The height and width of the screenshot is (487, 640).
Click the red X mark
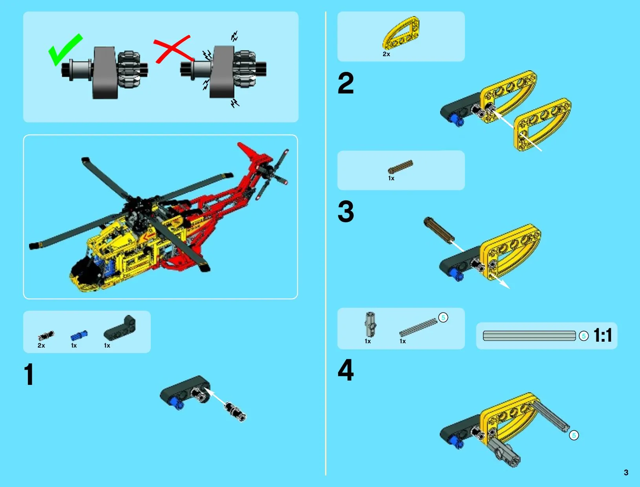click(173, 49)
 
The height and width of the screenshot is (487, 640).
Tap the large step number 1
click(29, 374)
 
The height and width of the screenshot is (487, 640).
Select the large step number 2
click(346, 83)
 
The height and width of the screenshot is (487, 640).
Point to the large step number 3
click(346, 211)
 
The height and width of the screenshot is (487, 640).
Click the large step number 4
click(346, 370)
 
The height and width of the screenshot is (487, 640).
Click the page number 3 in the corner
click(626, 472)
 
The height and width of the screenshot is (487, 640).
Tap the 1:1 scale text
click(602, 335)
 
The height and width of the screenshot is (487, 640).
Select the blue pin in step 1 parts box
click(79, 335)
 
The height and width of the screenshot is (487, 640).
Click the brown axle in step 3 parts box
click(400, 167)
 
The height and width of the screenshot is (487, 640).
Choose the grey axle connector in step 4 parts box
click(370, 324)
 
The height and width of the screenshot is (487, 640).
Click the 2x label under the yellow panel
click(386, 54)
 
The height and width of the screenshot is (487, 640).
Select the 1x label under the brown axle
click(391, 178)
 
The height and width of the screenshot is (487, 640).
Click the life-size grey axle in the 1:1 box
click(529, 336)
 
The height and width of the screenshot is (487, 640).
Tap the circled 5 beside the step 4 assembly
click(574, 436)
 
